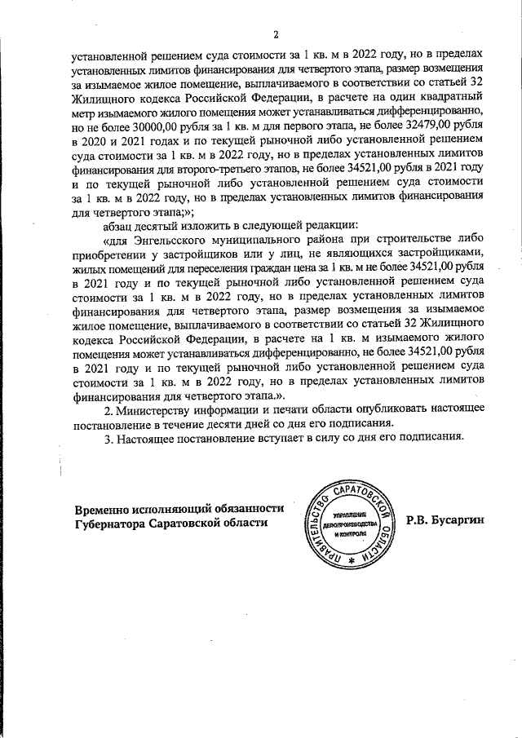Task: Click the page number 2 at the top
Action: pyautogui.click(x=276, y=34)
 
